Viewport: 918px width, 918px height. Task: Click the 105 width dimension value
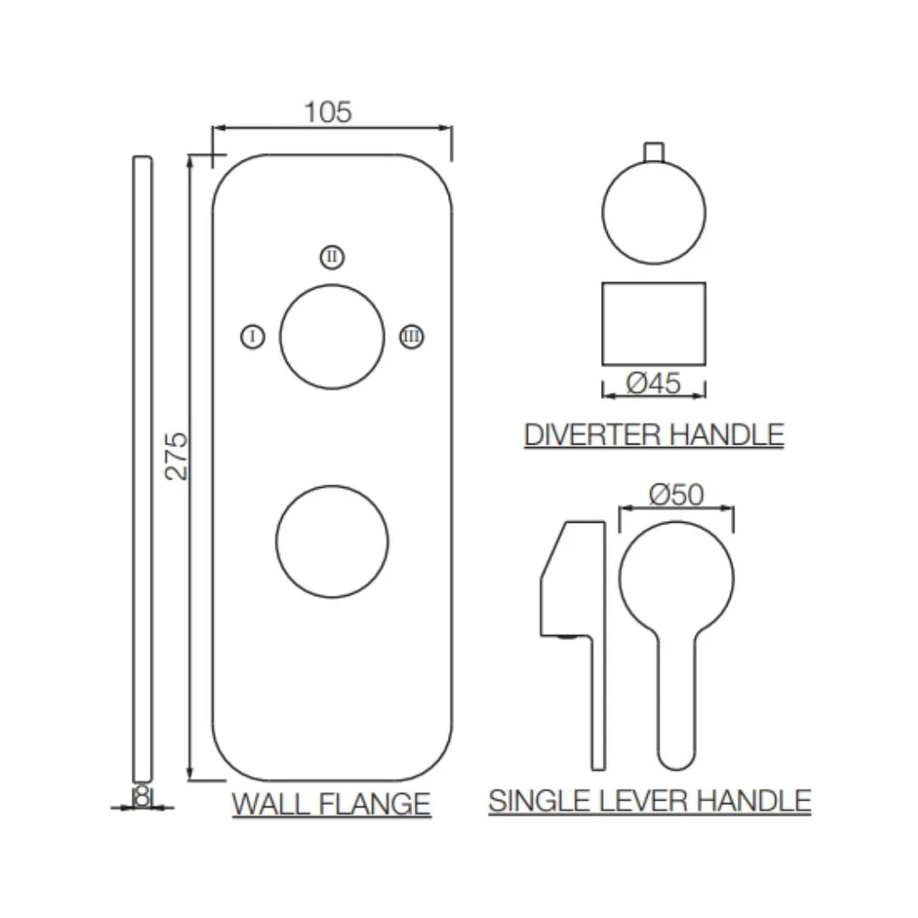pyautogui.click(x=328, y=112)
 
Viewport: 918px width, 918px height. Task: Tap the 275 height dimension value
pyautogui.click(x=176, y=456)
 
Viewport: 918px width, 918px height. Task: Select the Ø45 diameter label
pyautogui.click(x=654, y=383)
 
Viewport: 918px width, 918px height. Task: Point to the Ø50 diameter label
pyautogui.click(x=677, y=495)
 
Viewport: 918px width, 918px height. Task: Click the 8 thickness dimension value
pyautogui.click(x=142, y=796)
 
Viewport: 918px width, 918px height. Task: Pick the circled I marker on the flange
pyautogui.click(x=253, y=337)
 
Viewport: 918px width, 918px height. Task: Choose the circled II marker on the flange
pyautogui.click(x=332, y=257)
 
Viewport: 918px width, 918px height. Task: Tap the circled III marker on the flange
pyautogui.click(x=411, y=337)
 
